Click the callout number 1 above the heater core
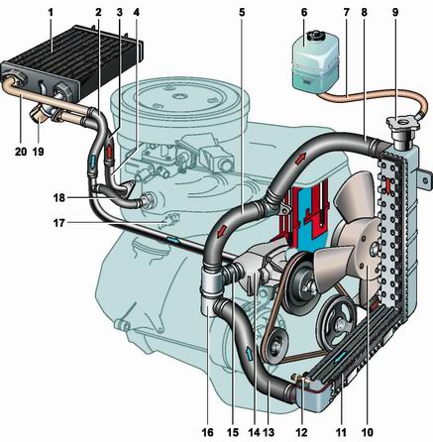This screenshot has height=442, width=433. point(51,13)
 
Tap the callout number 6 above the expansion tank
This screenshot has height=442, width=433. point(304,13)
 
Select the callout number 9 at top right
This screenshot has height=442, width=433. point(395,13)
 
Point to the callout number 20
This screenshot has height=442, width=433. point(21,152)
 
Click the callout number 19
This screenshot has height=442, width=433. point(39,152)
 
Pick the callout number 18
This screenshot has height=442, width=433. point(59,198)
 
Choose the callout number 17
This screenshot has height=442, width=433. point(59,223)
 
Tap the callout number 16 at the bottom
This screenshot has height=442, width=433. point(208,432)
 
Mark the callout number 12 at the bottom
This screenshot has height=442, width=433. point(302,432)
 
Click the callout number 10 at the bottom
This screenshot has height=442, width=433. point(368,432)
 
